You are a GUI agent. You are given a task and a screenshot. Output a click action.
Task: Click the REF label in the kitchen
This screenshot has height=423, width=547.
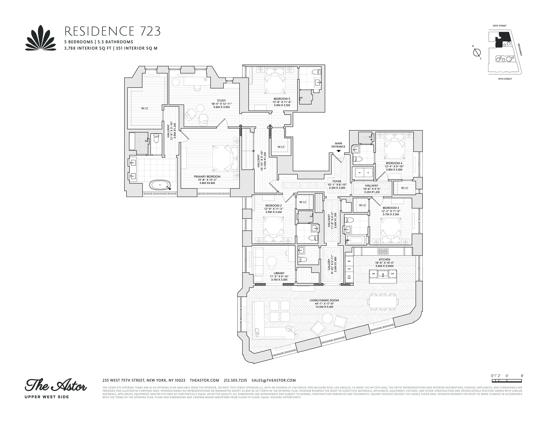click(349, 261)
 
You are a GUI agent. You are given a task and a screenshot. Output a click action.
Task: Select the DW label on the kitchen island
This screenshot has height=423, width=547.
click(392, 274)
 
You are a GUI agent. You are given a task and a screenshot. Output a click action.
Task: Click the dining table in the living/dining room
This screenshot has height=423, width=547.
click(382, 302)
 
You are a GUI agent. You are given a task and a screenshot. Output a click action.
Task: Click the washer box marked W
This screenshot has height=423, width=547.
click(359, 173)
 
